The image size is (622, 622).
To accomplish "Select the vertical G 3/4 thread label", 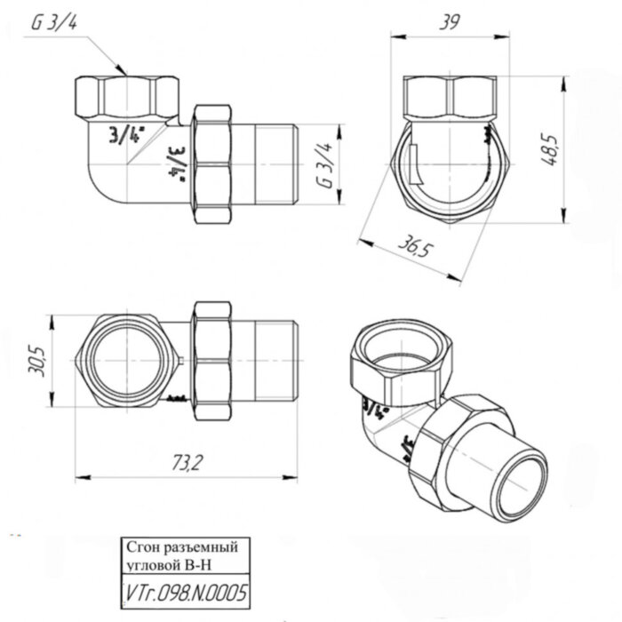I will tap(326, 164).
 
